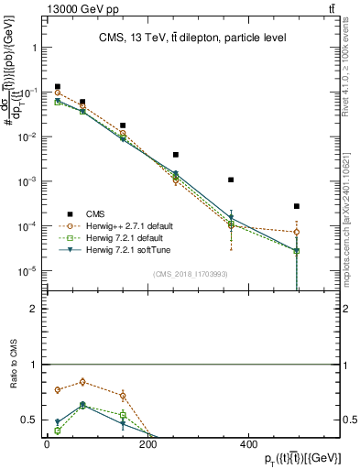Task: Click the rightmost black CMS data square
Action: click(x=297, y=206)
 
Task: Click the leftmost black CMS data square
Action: click(x=58, y=87)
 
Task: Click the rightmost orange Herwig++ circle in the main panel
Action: click(x=297, y=232)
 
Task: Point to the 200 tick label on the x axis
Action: click(x=147, y=443)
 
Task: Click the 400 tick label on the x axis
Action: click(x=248, y=443)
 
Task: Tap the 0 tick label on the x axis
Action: click(x=47, y=443)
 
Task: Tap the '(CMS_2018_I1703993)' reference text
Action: click(x=190, y=274)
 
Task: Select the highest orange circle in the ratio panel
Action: click(x=83, y=382)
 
